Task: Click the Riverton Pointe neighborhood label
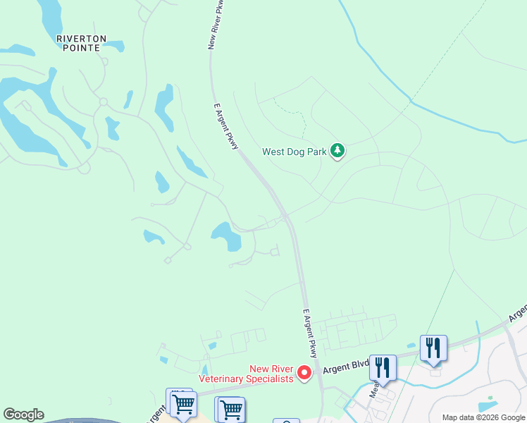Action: click(x=83, y=44)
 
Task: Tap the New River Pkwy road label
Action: click(x=217, y=25)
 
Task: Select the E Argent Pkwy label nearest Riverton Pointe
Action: click(x=227, y=125)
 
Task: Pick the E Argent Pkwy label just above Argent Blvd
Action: click(x=310, y=333)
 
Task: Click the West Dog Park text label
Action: click(x=295, y=151)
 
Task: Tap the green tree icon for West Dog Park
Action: click(x=338, y=150)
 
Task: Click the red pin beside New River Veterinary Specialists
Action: click(x=304, y=371)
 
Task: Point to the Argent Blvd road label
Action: click(x=346, y=369)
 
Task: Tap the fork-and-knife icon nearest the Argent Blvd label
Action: click(x=383, y=367)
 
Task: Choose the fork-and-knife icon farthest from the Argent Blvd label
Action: click(x=433, y=347)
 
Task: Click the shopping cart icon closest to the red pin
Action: click(x=230, y=409)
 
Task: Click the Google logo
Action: click(x=23, y=415)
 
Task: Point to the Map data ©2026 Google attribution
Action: click(x=484, y=417)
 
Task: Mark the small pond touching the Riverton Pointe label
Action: click(x=112, y=47)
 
